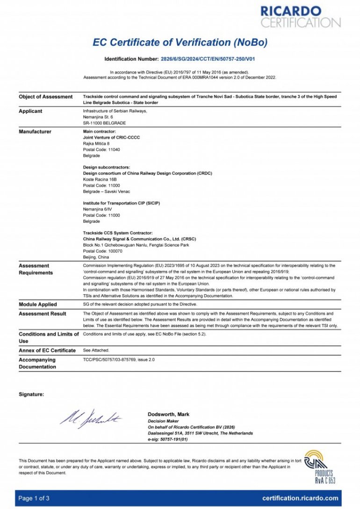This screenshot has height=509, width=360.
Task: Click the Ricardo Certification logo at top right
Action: point(300,16)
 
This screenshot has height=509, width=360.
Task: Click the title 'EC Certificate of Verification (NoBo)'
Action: point(180,43)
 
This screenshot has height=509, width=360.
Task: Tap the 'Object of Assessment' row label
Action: point(45,97)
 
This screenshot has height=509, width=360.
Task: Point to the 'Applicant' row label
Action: point(30,111)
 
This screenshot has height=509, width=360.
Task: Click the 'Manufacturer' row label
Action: point(35,132)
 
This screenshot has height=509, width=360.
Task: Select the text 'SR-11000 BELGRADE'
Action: point(104,123)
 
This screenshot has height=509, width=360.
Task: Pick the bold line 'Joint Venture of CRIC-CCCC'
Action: point(111,138)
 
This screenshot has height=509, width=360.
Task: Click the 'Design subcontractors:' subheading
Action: point(106,167)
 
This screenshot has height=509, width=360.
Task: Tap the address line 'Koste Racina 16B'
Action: point(100,179)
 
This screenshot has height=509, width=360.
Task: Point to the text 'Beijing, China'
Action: point(96,257)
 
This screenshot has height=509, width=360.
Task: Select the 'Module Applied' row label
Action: point(38,305)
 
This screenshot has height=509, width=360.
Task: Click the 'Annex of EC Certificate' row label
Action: point(47,350)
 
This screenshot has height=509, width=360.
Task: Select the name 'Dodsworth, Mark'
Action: point(168,414)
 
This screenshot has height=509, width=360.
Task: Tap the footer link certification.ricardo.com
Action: point(300,498)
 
